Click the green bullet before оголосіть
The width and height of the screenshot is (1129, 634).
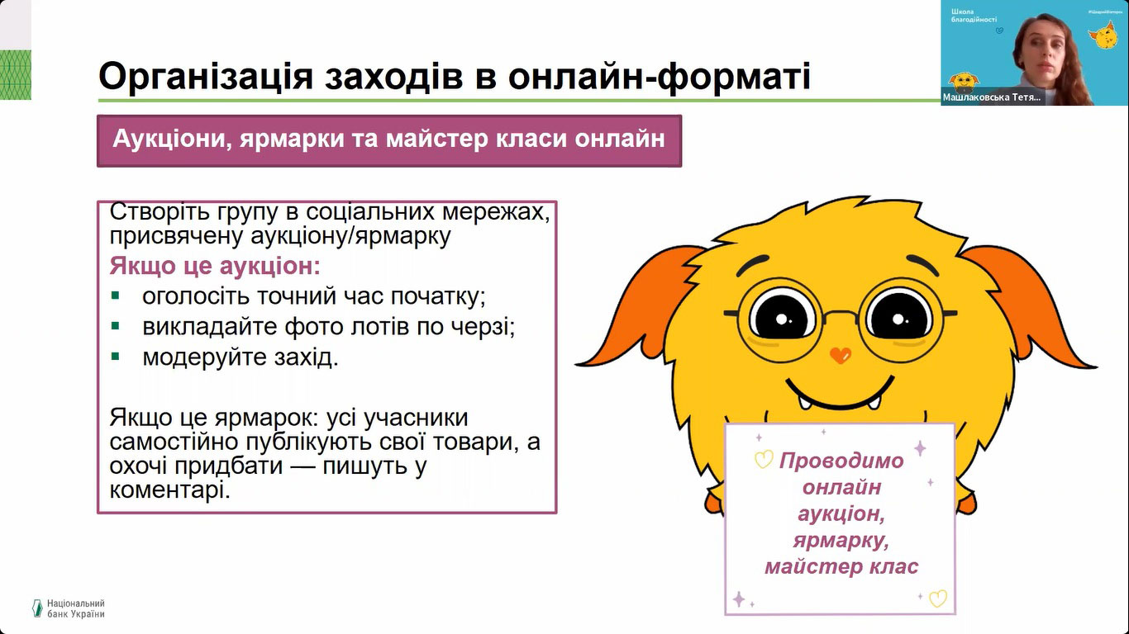pyautogui.click(x=116, y=296)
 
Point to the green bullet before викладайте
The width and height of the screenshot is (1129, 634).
pyautogui.click(x=116, y=326)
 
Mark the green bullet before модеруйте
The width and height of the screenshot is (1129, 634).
pyautogui.click(x=116, y=357)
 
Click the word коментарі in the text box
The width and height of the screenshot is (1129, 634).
pyautogui.click(x=169, y=490)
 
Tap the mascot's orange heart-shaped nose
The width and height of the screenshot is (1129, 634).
pyautogui.click(x=841, y=355)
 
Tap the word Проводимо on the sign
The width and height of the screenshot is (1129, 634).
pyautogui.click(x=841, y=461)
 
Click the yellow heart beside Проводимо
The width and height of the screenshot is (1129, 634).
pyautogui.click(x=764, y=459)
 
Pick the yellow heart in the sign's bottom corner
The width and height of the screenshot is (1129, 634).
pyautogui.click(x=938, y=599)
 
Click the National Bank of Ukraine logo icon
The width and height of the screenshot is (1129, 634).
pyautogui.click(x=37, y=608)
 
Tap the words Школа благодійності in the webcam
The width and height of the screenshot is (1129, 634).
pyautogui.click(x=974, y=15)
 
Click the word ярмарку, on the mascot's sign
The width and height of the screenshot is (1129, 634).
pyautogui.click(x=841, y=541)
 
